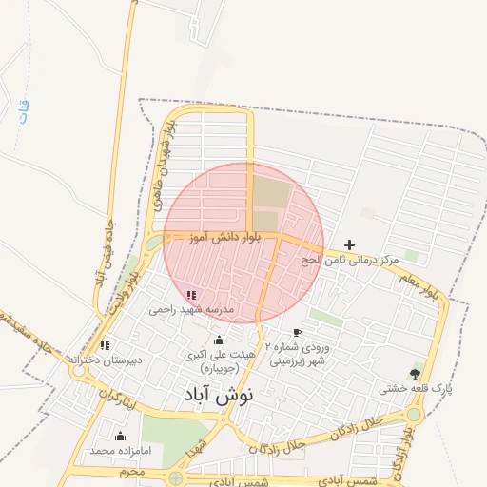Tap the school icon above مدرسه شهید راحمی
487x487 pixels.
pyautogui.click(x=191, y=295)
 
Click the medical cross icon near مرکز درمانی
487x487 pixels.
pyautogui.click(x=349, y=244)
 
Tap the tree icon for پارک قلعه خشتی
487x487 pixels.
pyautogui.click(x=414, y=373)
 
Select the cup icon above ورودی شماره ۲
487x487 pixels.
pyautogui.click(x=297, y=333)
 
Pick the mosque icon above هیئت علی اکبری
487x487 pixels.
pyautogui.click(x=220, y=341)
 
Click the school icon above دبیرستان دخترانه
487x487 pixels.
pyautogui.click(x=105, y=345)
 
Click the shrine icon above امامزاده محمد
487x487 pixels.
pyautogui.click(x=120, y=437)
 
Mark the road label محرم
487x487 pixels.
pyautogui.click(x=131, y=471)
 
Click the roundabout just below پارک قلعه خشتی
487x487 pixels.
pyautogui.click(x=414, y=415)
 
